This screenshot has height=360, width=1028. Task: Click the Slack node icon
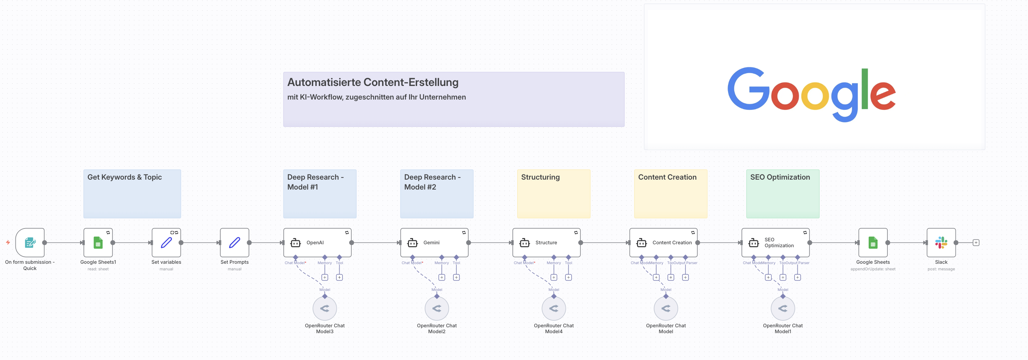941,242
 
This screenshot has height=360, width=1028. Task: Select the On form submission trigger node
30,242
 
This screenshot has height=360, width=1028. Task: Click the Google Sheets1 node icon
98,242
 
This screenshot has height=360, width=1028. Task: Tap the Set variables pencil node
166,242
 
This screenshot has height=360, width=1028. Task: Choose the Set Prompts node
234,242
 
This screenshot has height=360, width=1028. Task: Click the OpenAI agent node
317,242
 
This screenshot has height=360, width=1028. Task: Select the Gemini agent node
434,242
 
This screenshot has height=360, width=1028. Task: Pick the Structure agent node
546,242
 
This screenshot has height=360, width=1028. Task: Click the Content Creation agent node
663,242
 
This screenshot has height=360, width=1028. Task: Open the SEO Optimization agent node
775,242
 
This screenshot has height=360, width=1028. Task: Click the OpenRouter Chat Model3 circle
325,308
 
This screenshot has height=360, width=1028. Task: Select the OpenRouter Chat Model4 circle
554,308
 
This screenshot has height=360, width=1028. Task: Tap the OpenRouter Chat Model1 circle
783,308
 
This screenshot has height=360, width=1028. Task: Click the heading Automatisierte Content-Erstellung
373,82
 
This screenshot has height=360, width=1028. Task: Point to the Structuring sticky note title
540,177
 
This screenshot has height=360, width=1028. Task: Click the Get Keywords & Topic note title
124,177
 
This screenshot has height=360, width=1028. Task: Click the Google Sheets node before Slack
873,242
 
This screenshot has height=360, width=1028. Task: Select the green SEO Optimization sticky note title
780,177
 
